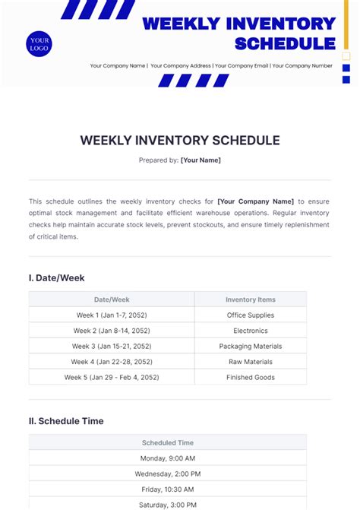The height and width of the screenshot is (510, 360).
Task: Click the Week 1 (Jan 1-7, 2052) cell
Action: point(112,315)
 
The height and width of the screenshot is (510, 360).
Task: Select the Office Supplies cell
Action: point(251,315)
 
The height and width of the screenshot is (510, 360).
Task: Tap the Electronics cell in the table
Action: point(251,331)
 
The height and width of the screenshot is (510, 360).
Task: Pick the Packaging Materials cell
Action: point(251,347)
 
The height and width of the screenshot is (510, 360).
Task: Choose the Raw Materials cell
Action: point(251,362)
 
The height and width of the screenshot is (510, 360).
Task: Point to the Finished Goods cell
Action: point(251,378)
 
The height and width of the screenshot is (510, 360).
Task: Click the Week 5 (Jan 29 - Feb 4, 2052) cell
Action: point(112,378)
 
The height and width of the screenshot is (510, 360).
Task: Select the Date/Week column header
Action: point(112,299)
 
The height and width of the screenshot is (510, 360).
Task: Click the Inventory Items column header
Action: point(251,299)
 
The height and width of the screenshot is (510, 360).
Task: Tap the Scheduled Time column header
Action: point(168,442)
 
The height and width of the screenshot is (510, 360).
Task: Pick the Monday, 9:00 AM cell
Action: point(168,458)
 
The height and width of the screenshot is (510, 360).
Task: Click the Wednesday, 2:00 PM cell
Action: point(168,474)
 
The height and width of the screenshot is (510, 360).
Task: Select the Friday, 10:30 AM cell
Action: point(168,489)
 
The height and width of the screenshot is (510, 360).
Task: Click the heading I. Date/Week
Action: point(57,278)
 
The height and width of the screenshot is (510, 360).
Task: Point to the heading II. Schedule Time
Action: point(66,421)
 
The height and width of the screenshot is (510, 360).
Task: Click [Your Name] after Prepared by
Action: point(201,160)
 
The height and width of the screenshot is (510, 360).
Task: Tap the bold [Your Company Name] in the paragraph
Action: point(256,201)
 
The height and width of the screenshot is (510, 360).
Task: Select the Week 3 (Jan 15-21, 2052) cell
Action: point(112,347)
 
